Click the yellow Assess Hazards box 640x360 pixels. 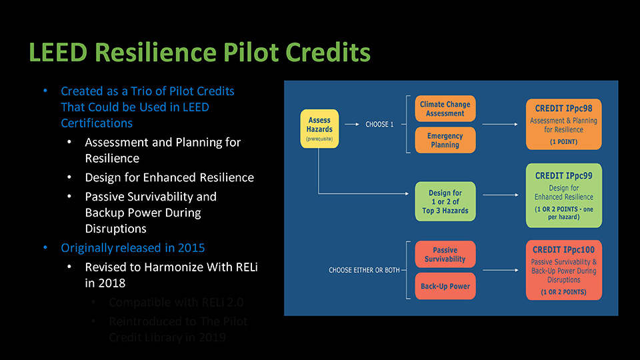click(x=319, y=128)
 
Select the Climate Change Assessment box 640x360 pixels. click(x=445, y=109)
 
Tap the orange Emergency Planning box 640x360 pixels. click(x=445, y=140)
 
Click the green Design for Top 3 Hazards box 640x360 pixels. click(x=445, y=201)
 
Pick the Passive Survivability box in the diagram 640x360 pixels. click(x=445, y=255)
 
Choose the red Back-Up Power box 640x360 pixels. click(x=445, y=286)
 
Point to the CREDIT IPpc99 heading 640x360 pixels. click(x=563, y=175)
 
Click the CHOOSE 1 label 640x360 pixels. click(x=380, y=125)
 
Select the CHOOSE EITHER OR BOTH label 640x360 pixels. click(x=364, y=270)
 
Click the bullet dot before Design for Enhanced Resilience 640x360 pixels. click(x=71, y=178)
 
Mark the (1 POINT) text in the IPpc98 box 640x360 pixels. click(x=563, y=142)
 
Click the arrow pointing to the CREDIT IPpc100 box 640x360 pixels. click(x=503, y=270)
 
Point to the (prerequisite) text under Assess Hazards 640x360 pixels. click(x=319, y=139)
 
